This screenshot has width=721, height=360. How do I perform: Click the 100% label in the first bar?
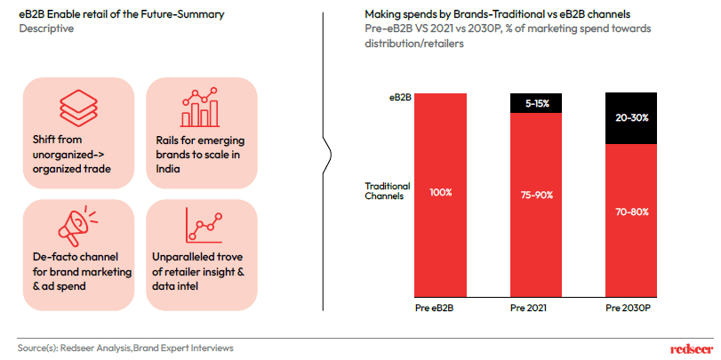(x=440, y=191)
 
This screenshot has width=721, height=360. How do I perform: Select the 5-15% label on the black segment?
(x=537, y=104)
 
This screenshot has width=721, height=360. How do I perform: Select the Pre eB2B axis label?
(x=440, y=308)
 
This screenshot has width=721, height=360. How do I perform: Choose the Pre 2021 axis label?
(x=537, y=308)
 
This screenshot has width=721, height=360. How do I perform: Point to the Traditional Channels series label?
(x=388, y=191)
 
